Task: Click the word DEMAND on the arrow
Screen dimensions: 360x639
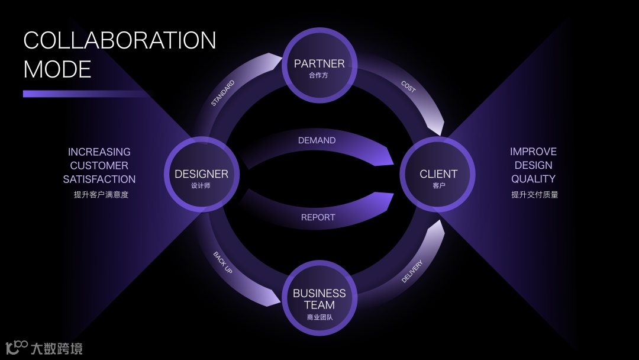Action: click(317, 140)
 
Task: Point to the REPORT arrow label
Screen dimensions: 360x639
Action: click(318, 217)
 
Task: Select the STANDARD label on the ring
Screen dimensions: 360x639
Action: click(223, 93)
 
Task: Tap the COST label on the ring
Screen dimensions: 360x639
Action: click(408, 86)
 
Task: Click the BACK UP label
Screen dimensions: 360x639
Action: click(223, 262)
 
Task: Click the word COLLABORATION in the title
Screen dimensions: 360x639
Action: click(120, 40)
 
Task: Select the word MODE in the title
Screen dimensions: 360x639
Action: click(57, 69)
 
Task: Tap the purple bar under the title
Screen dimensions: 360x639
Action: click(83, 94)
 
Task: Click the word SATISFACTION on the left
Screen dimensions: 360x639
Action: click(99, 179)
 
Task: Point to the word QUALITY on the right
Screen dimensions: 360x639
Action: click(533, 179)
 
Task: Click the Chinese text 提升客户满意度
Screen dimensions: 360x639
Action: click(101, 194)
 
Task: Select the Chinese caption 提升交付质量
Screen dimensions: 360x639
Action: click(534, 194)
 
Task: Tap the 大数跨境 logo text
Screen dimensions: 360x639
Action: click(56, 348)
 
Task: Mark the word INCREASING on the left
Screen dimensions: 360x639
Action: click(99, 152)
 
